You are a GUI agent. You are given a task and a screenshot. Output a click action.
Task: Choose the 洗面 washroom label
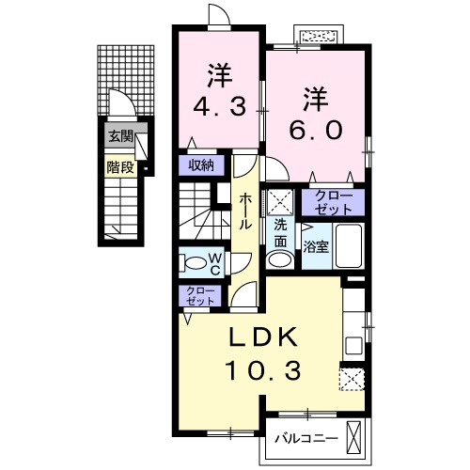(281, 233)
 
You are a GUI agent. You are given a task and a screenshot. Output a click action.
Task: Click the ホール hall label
(243, 211)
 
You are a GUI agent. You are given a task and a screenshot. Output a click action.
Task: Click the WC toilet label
(214, 263)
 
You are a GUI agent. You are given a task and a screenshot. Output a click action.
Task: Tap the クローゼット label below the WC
(199, 296)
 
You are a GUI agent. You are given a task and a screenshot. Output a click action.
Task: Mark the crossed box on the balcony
(353, 437)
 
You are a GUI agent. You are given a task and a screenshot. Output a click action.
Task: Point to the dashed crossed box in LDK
(352, 378)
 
